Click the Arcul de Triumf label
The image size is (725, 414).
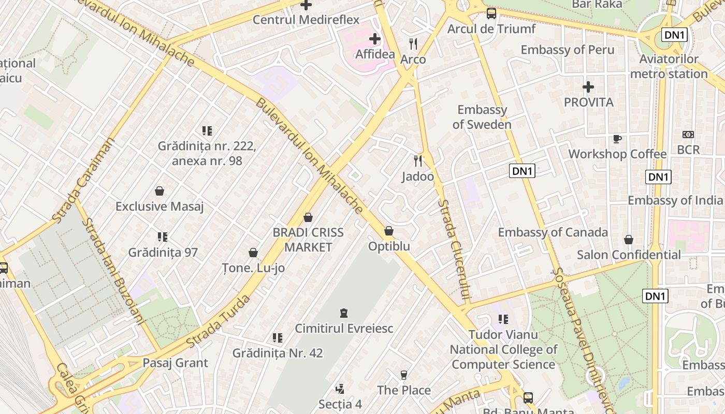pos(491,29)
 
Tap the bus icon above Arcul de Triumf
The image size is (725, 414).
pos(491,13)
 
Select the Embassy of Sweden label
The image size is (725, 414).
pos(482,117)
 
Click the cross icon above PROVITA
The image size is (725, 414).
pos(588,87)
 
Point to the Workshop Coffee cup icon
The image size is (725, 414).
pos(617,139)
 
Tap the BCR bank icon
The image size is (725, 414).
pos(688,135)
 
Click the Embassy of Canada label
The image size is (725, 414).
pos(553,232)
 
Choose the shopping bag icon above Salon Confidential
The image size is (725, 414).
pos(628,240)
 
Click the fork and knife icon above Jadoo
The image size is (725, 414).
pos(418,161)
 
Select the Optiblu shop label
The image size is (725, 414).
pos(389,246)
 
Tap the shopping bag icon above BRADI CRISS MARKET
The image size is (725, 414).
pos(308,217)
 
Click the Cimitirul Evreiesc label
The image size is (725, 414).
pos(344,328)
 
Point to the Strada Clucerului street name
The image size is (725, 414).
pos(454,250)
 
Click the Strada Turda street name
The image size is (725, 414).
pos(218,321)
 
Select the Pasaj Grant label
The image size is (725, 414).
pos(175,363)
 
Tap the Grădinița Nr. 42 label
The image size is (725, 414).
pos(278,353)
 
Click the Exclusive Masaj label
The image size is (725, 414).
pos(160,206)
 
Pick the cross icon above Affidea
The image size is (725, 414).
pos(374,39)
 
